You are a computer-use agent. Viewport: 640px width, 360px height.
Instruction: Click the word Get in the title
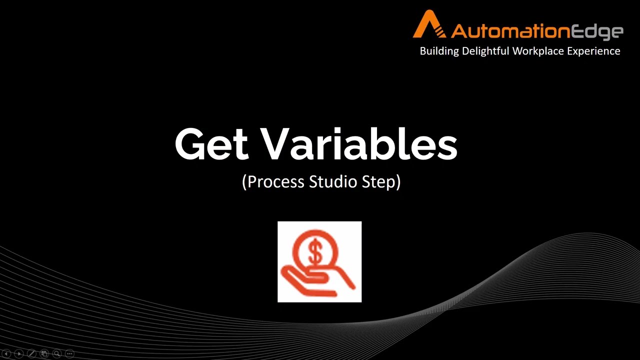pyautogui.click(x=211, y=145)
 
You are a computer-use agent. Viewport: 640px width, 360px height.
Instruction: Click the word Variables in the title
pyautogui.click(x=360, y=144)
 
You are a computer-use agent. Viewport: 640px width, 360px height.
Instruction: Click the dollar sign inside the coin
pyautogui.click(x=315, y=252)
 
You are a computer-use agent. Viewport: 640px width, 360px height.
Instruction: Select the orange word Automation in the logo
pyautogui.click(x=510, y=31)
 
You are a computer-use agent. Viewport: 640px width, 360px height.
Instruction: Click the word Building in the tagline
pyautogui.click(x=439, y=51)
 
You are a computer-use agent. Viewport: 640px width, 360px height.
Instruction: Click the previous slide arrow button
pyautogui.click(x=6, y=353)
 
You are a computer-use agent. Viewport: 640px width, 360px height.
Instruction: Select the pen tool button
pyautogui.click(x=31, y=353)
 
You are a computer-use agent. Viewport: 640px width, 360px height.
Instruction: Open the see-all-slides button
pyautogui.click(x=44, y=353)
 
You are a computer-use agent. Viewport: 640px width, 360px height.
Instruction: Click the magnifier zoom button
pyautogui.click(x=57, y=353)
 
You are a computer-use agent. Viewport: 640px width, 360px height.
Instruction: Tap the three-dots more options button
pyautogui.click(x=69, y=353)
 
